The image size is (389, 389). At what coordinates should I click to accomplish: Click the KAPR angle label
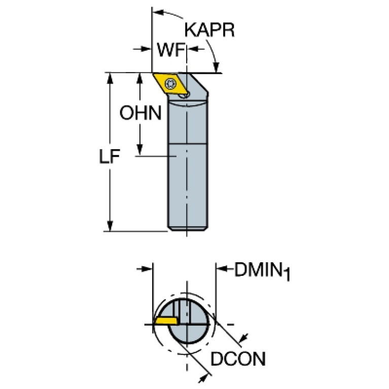(209, 30)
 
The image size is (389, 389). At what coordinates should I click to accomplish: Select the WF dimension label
(171, 50)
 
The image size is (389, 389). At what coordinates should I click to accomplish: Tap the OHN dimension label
(140, 113)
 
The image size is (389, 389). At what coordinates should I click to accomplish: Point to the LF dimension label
(110, 157)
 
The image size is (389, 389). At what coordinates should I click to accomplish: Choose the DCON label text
(238, 359)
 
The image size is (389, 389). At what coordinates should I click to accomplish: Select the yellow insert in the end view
(166, 321)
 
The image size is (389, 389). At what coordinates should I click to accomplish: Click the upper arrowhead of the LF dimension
(110, 78)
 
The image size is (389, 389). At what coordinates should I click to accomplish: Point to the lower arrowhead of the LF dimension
(110, 226)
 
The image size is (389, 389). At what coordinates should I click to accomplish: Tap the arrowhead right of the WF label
(193, 49)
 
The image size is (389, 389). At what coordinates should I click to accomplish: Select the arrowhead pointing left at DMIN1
(221, 269)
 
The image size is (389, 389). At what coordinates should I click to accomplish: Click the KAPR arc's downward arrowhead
(217, 67)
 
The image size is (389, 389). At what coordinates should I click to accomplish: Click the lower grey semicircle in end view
(188, 334)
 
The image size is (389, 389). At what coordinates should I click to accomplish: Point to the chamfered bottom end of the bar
(188, 229)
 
